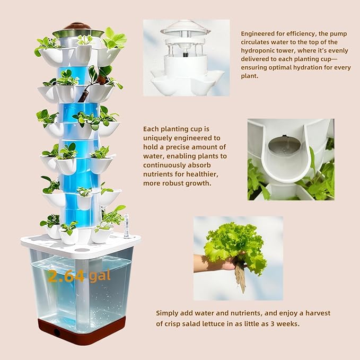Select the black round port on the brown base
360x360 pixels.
coord(57,332)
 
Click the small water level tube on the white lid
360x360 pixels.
coord(127,226)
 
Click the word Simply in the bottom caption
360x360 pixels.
coord(168,313)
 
